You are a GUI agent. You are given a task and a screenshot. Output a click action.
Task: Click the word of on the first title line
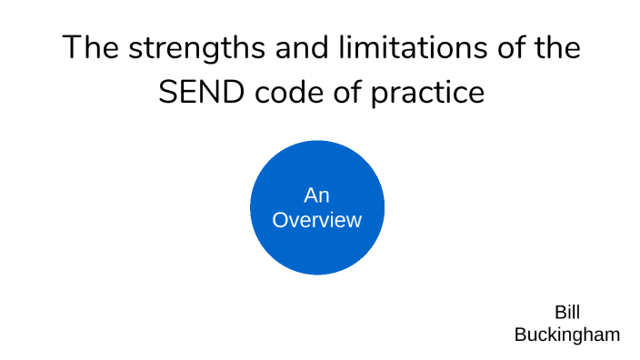[504, 48]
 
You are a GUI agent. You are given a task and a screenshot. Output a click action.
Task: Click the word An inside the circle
[316, 195]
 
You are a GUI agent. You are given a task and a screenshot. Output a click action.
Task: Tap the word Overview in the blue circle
[317, 220]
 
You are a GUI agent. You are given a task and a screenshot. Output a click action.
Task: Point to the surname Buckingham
[567, 335]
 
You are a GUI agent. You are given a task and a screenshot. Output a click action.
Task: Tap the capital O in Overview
[280, 220]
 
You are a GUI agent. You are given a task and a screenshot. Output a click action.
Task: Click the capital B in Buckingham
[520, 335]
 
